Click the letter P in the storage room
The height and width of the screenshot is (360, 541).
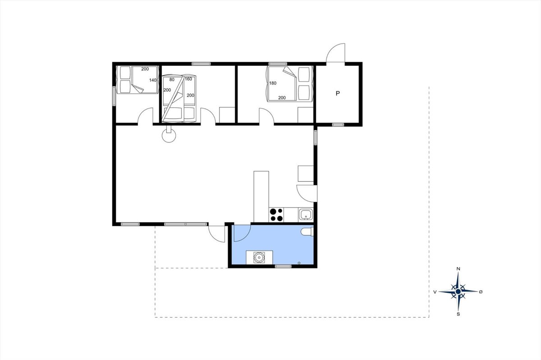click(x=338, y=93)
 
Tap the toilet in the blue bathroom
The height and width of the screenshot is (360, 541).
click(x=307, y=232)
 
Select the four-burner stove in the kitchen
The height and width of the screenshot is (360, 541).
click(x=276, y=215)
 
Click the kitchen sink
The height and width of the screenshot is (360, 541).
click(x=306, y=214)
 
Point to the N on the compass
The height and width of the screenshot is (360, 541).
click(x=458, y=269)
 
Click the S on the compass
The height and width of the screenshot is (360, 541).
click(x=458, y=314)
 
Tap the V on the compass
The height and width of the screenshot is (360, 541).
click(x=435, y=292)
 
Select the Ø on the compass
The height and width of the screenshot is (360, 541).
click(x=481, y=292)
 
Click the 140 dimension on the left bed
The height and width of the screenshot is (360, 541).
click(x=153, y=80)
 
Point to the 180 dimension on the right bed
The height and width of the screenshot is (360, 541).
click(x=273, y=83)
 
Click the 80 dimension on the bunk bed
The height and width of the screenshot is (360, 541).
click(x=172, y=80)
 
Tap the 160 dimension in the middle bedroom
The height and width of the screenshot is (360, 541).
click(x=188, y=79)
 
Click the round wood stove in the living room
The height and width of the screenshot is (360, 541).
click(x=169, y=135)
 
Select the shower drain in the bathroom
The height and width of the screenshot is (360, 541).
click(x=299, y=263)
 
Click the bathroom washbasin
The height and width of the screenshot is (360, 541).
click(x=259, y=258)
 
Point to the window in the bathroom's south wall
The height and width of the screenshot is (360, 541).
click(x=283, y=266)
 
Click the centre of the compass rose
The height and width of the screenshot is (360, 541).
click(x=458, y=292)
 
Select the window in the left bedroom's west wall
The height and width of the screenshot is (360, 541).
click(x=114, y=96)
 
